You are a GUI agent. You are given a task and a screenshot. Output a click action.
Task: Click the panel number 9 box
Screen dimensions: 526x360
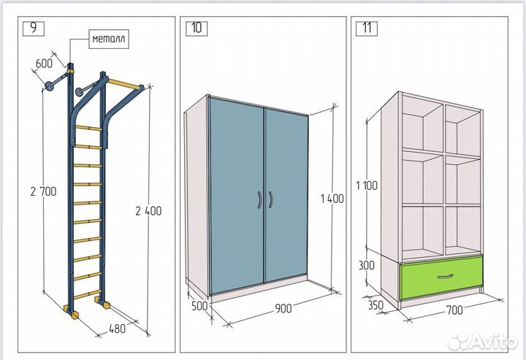point(34,28)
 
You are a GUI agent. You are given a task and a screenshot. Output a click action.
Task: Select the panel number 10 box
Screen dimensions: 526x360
point(197,28)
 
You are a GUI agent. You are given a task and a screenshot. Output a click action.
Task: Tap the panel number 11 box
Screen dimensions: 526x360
point(367,28)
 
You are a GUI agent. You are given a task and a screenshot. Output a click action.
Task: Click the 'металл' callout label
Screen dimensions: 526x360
point(109,39)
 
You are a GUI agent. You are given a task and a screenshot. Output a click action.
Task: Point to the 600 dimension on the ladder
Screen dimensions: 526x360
point(44,64)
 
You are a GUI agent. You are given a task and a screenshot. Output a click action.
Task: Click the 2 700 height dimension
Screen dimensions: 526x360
point(43,192)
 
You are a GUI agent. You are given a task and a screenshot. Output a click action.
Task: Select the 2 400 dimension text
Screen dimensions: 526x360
point(148,211)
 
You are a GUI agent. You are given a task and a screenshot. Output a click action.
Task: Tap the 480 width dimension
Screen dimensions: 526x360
point(117,329)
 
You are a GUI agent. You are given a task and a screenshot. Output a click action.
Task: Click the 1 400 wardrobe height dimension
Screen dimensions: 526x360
point(332,199)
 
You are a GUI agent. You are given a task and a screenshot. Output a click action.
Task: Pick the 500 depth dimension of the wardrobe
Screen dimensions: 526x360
point(199,306)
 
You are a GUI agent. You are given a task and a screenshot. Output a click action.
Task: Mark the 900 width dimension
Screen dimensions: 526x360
point(283,308)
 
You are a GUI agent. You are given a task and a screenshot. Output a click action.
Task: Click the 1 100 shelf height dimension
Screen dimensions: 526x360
point(367,185)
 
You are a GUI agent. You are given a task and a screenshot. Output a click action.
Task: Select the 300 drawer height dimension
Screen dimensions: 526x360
point(367,266)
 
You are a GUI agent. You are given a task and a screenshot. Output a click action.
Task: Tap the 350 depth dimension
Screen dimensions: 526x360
point(376,305)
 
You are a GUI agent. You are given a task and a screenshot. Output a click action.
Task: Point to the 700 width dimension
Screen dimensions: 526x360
point(454,310)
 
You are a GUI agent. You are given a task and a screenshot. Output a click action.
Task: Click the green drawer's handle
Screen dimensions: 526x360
point(446,277)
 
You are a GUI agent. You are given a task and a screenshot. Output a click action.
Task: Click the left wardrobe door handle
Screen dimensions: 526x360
point(259,200)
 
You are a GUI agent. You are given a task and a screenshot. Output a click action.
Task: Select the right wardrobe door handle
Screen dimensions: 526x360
point(270,200)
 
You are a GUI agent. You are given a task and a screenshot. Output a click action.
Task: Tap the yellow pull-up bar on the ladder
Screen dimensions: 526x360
point(124,85)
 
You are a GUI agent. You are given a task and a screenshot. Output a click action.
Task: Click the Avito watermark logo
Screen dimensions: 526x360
point(482,341)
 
